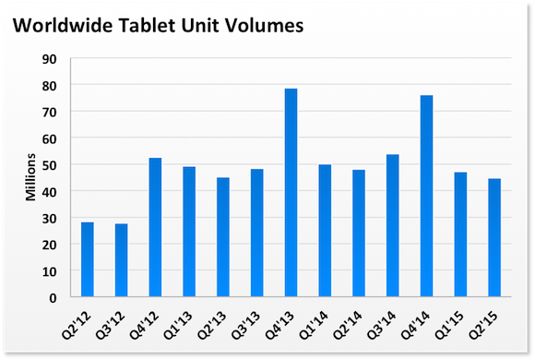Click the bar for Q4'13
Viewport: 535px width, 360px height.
pos(291,193)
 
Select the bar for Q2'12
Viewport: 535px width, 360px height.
pos(88,259)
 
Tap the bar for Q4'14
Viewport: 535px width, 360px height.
pos(426,196)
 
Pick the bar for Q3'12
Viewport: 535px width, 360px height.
pos(121,260)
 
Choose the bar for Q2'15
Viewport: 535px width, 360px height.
pos(494,238)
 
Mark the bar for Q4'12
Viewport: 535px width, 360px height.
pos(155,227)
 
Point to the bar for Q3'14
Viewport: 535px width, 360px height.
pos(393,226)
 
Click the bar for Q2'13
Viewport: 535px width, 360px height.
pos(223,237)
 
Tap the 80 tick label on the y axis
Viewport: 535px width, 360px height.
pos(49,86)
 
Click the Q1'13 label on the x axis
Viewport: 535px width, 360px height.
pos(178,326)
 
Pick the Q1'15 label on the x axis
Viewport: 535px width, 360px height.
pos(449,326)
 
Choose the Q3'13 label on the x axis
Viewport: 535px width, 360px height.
pos(245,326)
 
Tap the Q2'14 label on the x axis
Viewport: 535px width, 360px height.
pos(348,326)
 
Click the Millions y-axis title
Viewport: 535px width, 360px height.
pos(30,177)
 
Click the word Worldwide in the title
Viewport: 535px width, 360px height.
pos(63,25)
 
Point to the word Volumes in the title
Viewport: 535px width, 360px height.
pos(264,25)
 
